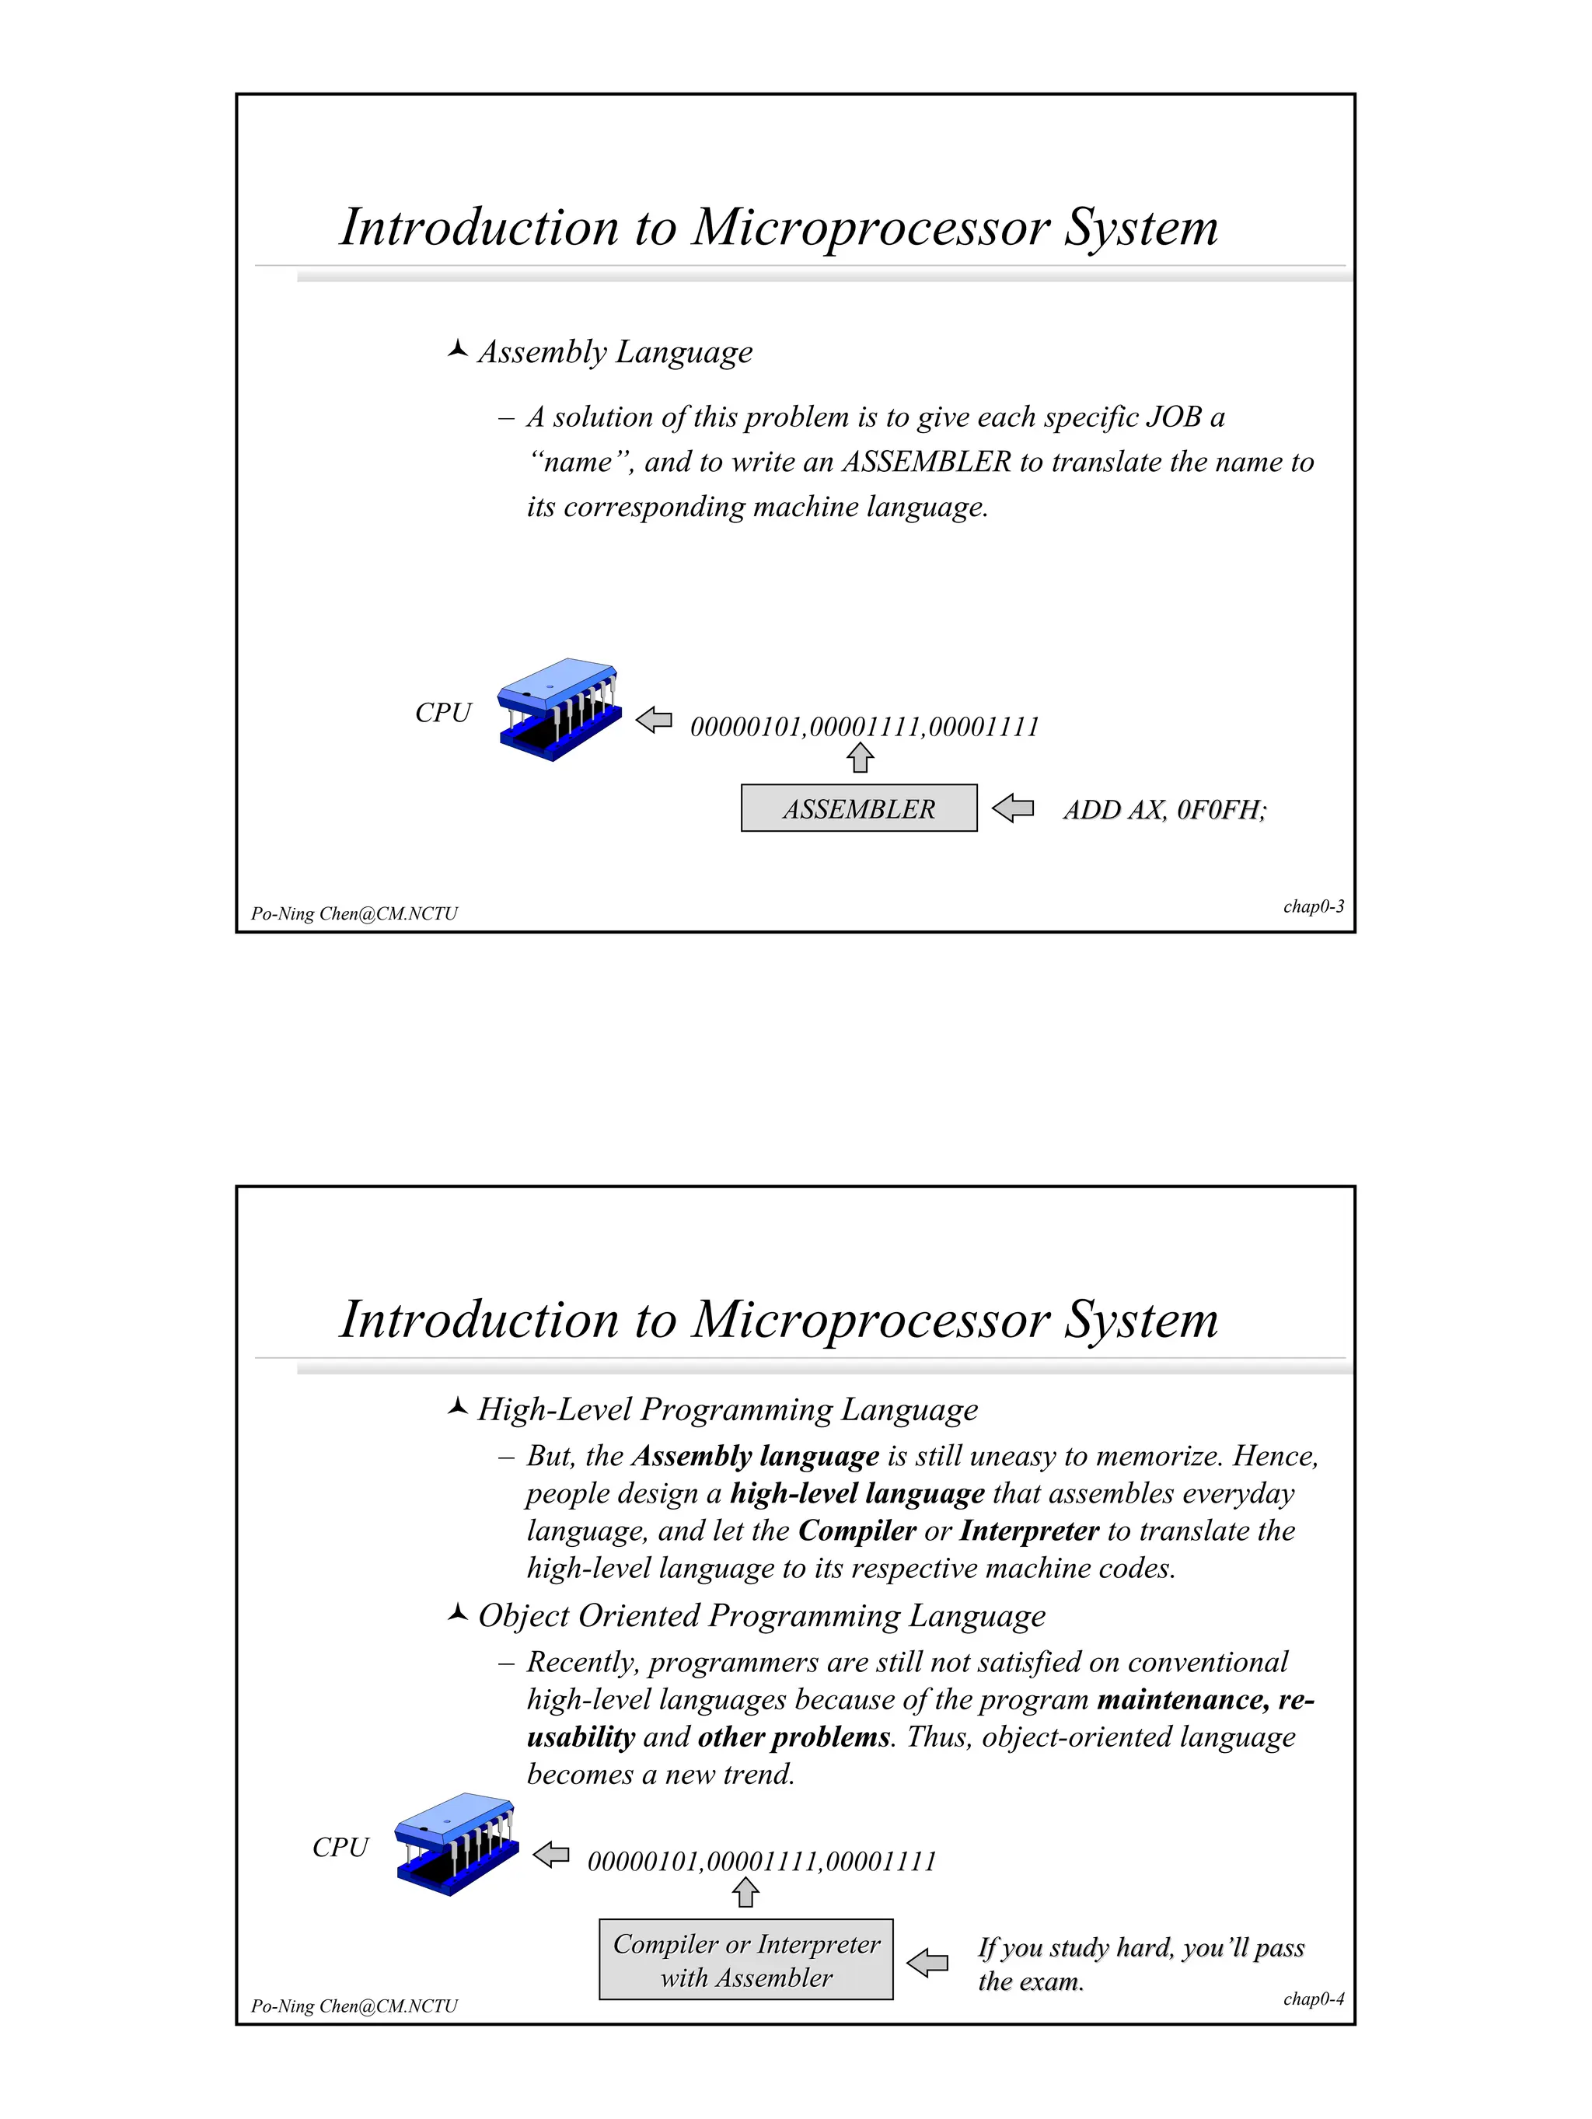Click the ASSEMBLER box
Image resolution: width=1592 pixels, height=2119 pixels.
(858, 808)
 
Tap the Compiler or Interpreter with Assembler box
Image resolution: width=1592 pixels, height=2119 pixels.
(745, 1960)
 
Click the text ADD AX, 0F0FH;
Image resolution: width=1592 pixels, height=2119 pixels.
(1164, 811)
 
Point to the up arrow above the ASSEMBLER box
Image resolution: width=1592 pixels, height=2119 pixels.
(861, 758)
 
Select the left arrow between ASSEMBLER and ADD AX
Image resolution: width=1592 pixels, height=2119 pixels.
(1012, 808)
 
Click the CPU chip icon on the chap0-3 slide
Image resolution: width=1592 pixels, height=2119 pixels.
(558, 710)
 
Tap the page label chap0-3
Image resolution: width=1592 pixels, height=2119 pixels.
(1312, 906)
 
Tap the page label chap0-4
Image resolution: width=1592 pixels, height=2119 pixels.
(1312, 1999)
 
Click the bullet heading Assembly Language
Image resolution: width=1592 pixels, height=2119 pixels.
(615, 351)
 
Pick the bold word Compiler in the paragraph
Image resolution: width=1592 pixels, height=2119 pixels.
(857, 1531)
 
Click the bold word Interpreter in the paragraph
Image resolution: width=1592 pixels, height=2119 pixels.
(1028, 1531)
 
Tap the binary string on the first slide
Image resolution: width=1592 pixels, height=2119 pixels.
(864, 727)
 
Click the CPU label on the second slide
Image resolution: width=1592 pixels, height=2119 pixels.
(340, 1847)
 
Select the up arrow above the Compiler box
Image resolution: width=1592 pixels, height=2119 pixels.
(745, 1892)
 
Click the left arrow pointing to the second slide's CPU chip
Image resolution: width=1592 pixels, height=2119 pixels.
(551, 1855)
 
